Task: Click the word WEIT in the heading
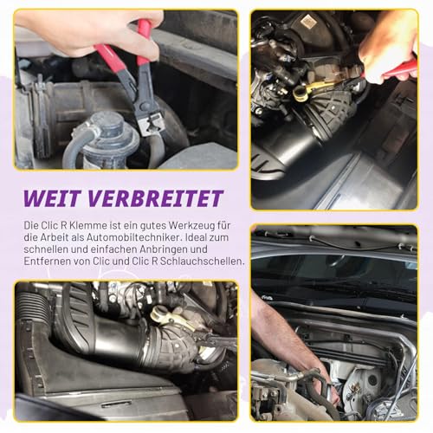click(55, 198)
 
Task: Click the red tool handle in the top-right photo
click(399, 70)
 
